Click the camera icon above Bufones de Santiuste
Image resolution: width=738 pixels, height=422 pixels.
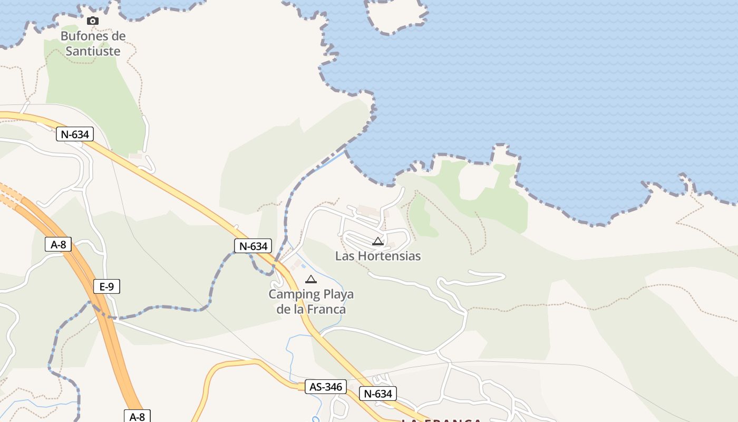93,21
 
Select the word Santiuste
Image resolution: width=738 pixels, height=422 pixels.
93,51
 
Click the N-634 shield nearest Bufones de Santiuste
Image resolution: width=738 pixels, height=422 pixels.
75,135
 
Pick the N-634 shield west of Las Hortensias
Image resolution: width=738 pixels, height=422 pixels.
253,246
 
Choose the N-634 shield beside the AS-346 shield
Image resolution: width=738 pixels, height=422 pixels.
378,394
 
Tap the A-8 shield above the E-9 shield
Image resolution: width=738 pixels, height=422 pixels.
58,244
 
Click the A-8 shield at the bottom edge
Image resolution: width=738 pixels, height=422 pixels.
137,417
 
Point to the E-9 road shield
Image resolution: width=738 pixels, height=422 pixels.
106,286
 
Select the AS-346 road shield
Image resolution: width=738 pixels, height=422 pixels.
326,387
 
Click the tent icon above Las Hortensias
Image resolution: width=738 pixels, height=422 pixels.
377,242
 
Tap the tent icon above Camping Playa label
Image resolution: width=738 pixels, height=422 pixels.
311,279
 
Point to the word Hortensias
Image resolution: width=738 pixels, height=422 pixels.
389,256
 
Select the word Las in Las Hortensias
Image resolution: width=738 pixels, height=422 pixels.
345,256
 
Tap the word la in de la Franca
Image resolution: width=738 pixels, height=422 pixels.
299,309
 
